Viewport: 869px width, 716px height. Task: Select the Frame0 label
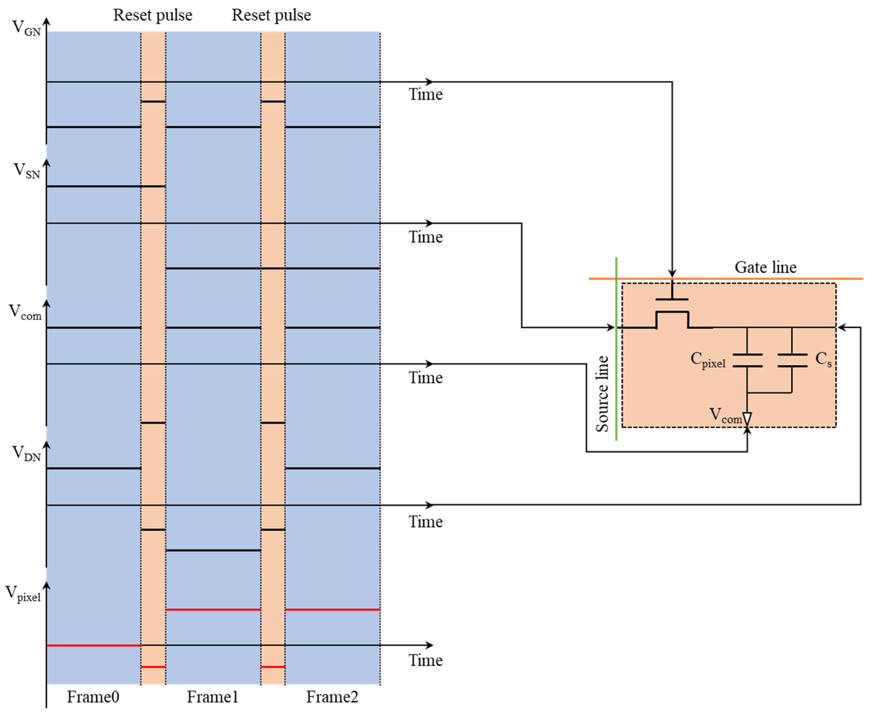click(x=93, y=697)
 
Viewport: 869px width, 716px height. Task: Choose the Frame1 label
click(x=213, y=697)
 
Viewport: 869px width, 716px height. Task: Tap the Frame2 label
click(x=332, y=697)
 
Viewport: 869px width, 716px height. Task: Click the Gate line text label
click(x=765, y=267)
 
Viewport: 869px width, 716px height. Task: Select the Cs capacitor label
click(x=823, y=359)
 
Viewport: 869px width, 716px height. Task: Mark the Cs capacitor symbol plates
click(x=792, y=360)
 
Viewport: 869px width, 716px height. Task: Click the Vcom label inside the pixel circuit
click(x=726, y=415)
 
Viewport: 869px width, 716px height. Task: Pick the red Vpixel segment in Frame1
click(x=213, y=610)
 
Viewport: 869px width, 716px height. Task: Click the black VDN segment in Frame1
click(x=213, y=550)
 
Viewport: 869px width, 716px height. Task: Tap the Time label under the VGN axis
click(x=425, y=94)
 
